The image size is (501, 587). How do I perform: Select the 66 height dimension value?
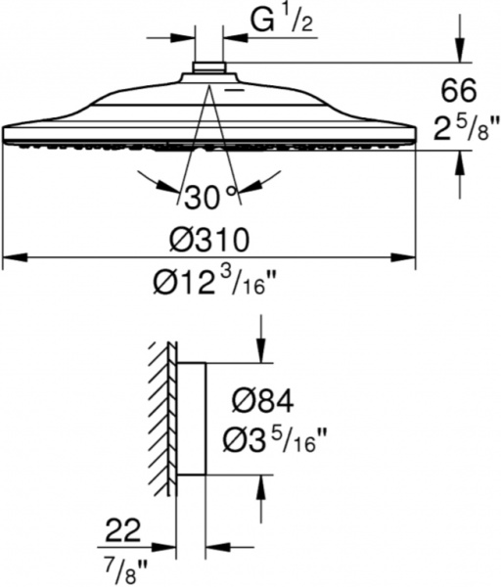457,91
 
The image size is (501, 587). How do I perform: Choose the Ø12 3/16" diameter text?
209,285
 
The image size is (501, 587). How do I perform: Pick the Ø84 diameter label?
263,399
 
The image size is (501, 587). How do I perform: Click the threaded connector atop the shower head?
207,70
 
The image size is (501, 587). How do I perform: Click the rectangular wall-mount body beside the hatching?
191,419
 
